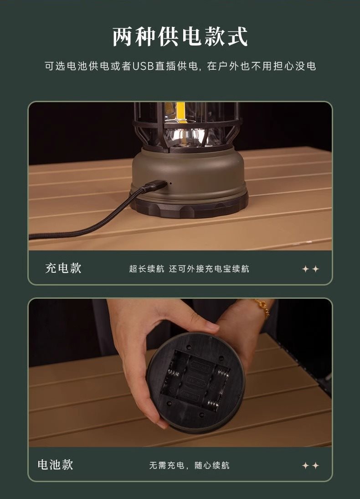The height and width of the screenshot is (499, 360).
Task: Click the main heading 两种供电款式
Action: coord(180,36)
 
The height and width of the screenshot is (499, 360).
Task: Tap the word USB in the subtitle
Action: coord(143,66)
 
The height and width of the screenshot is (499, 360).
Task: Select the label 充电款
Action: coord(63,268)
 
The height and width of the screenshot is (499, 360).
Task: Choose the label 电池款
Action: coord(55,465)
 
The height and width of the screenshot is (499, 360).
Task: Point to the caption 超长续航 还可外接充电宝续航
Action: coord(189,269)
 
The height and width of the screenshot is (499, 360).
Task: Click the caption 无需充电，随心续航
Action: coord(189,465)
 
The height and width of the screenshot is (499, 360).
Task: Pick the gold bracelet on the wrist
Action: coord(262,307)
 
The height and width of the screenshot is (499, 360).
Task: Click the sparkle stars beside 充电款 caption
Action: coord(310,269)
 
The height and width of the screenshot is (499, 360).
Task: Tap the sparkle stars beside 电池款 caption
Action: coord(310,466)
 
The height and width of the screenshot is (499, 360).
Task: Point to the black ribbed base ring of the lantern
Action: coord(190,205)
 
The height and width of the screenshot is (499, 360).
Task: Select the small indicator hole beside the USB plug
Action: coord(171,183)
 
